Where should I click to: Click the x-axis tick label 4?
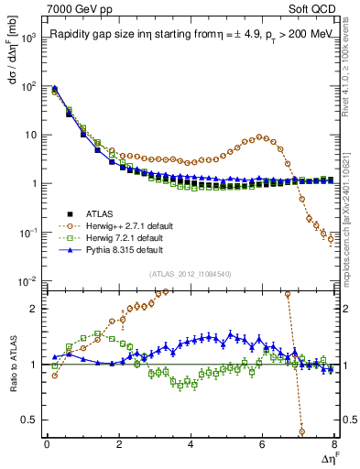tap(191, 445)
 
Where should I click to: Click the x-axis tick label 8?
tap(334, 445)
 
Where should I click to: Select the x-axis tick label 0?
tap(47, 445)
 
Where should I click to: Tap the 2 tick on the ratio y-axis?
tap(34, 308)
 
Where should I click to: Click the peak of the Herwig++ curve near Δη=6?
tap(262, 136)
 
